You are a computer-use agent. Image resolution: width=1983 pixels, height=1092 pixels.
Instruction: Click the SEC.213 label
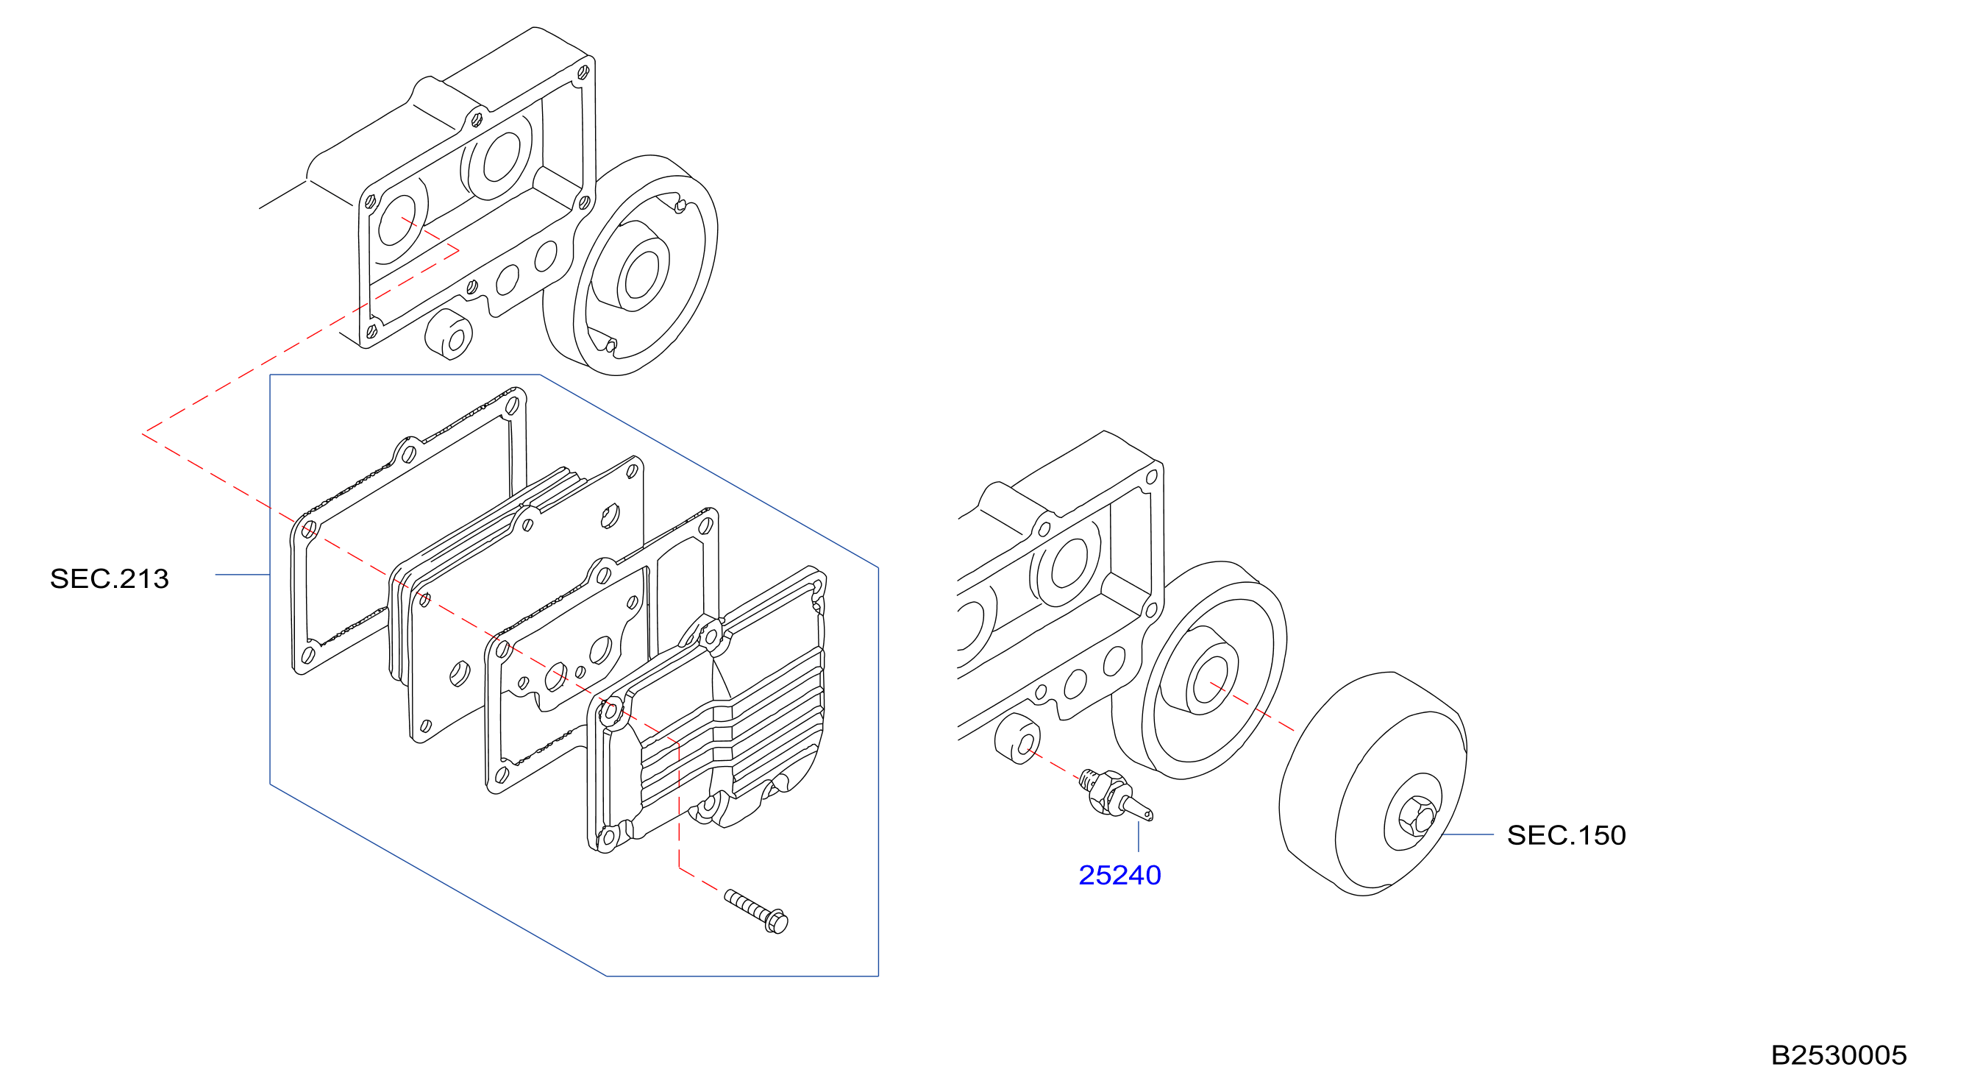point(110,579)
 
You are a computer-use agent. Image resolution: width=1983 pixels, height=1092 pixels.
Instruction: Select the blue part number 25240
point(1119,876)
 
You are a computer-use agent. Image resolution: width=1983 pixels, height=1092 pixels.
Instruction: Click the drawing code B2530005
point(1838,1055)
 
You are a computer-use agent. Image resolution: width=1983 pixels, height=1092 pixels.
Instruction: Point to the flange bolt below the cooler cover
point(757,910)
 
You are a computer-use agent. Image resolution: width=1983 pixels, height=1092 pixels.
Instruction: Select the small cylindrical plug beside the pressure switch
point(1018,740)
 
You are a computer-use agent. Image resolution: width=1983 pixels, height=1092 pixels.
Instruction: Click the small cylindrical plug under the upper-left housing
point(449,334)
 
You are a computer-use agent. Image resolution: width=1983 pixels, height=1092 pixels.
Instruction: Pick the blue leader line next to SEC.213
point(243,575)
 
